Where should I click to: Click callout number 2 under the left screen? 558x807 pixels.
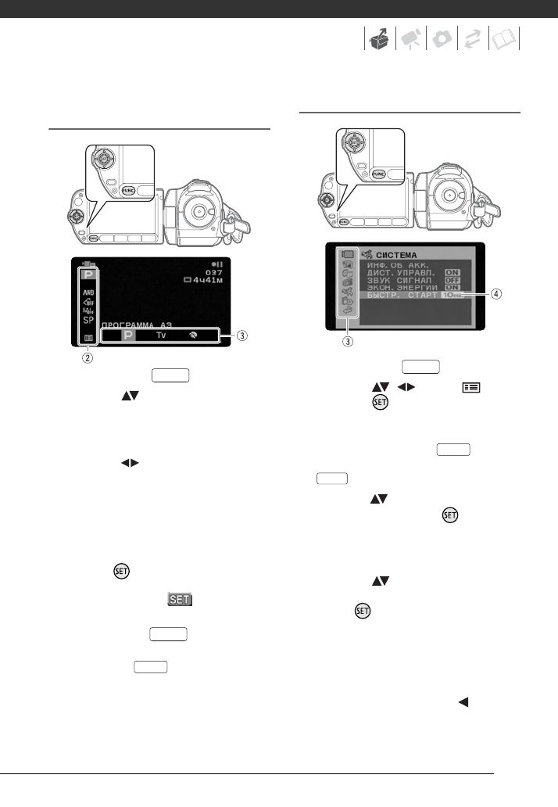click(88, 359)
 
